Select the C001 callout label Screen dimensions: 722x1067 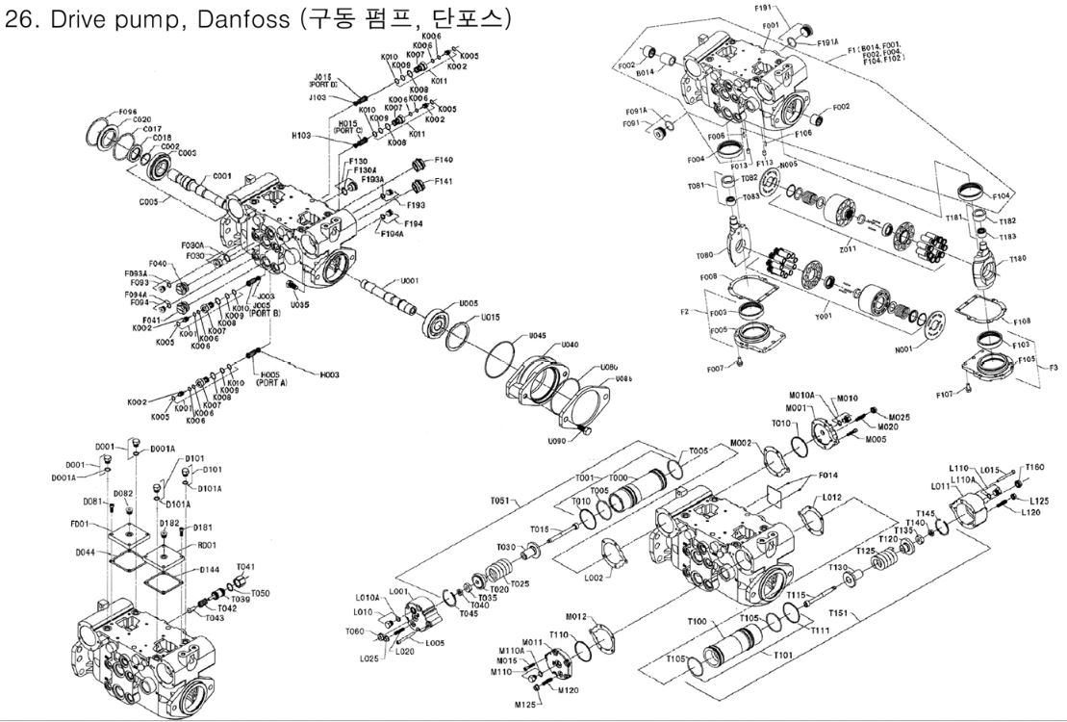pyautogui.click(x=222, y=176)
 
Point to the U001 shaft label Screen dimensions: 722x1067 pyautogui.click(x=409, y=280)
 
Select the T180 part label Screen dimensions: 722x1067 pyautogui.click(x=1017, y=259)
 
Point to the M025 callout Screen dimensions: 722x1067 pyautogui.click(x=899, y=417)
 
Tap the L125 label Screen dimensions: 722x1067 pyautogui.click(x=1039, y=501)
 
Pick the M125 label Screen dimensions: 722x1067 pyautogui.click(x=524, y=705)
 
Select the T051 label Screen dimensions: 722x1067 pyautogui.click(x=498, y=502)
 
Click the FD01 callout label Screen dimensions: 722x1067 pyautogui.click(x=78, y=525)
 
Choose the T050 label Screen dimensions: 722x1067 pyautogui.click(x=260, y=593)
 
